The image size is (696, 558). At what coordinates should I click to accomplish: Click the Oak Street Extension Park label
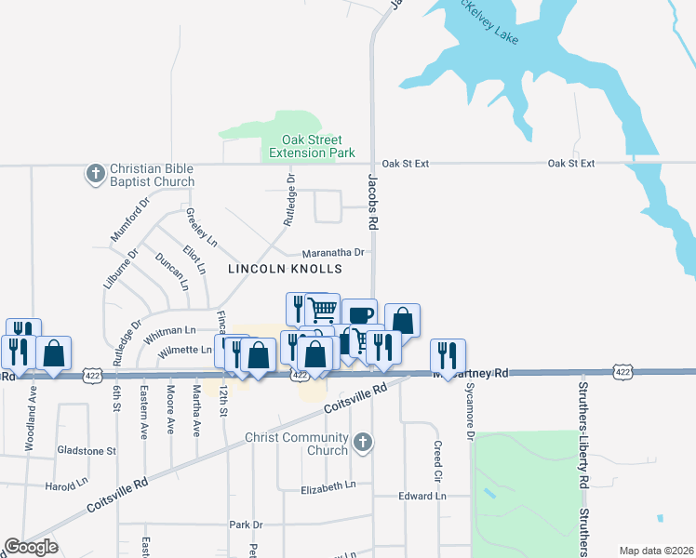(312, 145)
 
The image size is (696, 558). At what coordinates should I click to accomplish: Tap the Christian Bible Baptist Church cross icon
(95, 174)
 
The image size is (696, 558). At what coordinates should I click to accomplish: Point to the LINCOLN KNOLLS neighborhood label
(286, 269)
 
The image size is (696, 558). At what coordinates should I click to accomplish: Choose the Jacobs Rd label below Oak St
(372, 200)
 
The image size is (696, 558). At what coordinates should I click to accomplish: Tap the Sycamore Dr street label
(469, 410)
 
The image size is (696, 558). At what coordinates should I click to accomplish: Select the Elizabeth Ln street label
(328, 486)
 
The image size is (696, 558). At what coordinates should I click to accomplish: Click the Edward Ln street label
(422, 496)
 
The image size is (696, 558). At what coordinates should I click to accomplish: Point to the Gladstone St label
(86, 450)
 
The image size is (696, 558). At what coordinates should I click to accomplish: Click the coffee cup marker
(359, 314)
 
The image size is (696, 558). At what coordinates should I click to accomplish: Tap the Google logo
(31, 548)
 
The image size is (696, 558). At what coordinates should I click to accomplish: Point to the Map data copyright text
(657, 551)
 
